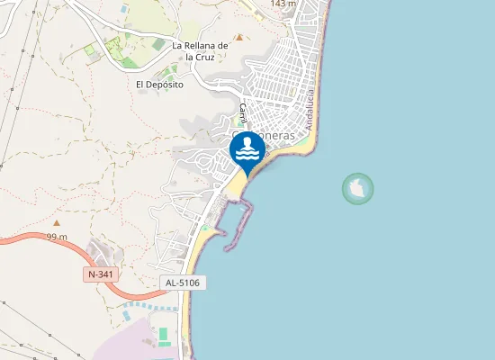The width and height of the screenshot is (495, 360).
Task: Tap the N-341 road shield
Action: tap(103, 273)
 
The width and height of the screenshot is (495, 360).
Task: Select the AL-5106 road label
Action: tap(184, 283)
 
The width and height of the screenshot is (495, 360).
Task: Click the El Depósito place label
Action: tap(159, 85)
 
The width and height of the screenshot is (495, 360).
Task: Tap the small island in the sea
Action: tap(358, 189)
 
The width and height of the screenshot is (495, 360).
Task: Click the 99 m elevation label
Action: tap(57, 237)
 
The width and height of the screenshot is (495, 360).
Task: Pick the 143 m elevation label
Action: tap(283, 4)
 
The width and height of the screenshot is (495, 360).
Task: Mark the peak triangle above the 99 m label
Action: tap(57, 222)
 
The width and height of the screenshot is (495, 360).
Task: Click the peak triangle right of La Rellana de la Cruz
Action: tap(238, 38)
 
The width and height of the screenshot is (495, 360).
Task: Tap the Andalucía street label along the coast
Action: tap(310, 109)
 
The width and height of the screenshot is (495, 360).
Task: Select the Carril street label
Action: tap(243, 113)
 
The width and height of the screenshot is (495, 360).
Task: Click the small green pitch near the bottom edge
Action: tap(163, 336)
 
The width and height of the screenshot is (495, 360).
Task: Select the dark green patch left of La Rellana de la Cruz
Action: tap(158, 44)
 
